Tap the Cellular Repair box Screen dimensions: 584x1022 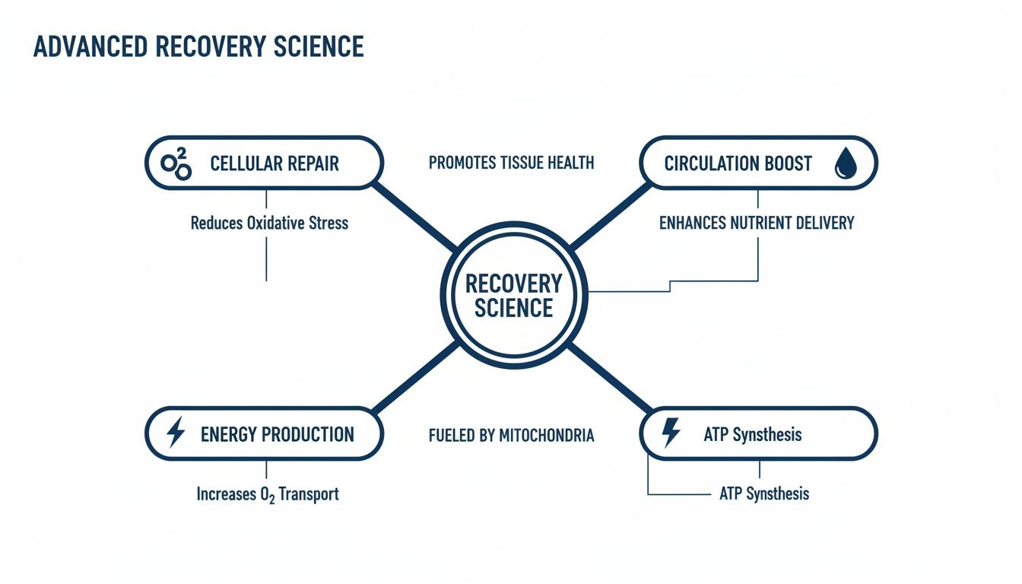pos(263,163)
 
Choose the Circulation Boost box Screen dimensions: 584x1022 pos(758,163)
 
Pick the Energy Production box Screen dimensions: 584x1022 pos(263,433)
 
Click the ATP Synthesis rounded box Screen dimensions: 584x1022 pos(758,433)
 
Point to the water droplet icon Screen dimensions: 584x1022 pos(845,163)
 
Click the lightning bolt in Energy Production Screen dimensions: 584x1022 pos(176,433)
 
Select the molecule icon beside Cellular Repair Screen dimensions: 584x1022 pos(177,163)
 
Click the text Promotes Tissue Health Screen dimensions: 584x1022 pos(511,163)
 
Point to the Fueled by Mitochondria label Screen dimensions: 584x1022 pos(511,436)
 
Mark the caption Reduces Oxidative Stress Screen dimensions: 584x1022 pos(269,223)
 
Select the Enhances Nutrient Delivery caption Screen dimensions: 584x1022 pos(756,223)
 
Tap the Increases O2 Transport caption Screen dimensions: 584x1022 pos(267,494)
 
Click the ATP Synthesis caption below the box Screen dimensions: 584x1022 pos(763,494)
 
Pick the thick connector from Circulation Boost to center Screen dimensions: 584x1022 pos(608,216)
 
